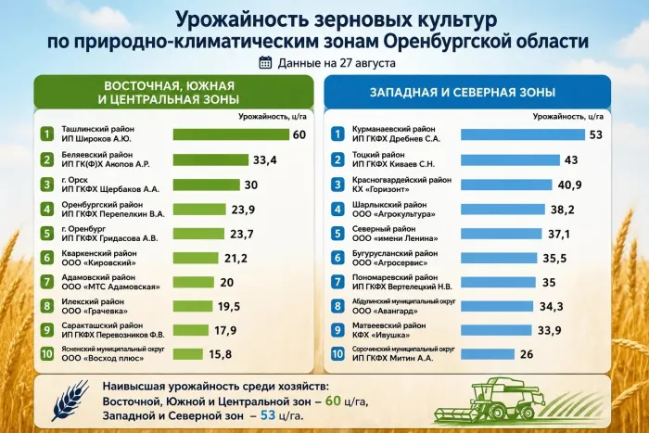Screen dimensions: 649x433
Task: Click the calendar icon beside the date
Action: [x=265, y=62]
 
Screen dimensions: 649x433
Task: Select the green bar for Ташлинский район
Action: [x=231, y=134]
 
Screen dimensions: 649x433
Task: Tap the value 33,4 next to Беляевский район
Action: [x=265, y=159]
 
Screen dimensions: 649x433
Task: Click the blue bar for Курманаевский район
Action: [x=523, y=134]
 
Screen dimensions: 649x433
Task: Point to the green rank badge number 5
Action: [x=47, y=234]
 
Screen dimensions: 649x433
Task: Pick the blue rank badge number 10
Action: [x=337, y=354]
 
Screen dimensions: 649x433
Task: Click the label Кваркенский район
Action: [x=99, y=253]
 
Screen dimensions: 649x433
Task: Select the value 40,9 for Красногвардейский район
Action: [x=569, y=185]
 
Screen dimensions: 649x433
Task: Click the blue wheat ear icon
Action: [x=71, y=401]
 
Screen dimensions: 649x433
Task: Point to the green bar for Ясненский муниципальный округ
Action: [x=188, y=354]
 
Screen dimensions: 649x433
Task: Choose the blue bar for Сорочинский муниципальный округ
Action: [x=488, y=354]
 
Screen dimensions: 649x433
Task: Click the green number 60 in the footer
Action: [x=333, y=401]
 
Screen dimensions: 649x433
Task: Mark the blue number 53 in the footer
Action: [x=268, y=414]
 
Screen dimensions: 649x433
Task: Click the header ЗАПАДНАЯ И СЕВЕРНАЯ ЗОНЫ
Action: [x=463, y=92]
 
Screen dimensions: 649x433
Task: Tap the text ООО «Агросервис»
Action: [x=390, y=263]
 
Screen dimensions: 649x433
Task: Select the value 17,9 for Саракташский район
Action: [x=225, y=330]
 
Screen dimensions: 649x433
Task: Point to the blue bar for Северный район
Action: [x=502, y=234]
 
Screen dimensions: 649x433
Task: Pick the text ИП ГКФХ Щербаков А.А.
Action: [x=110, y=189]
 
